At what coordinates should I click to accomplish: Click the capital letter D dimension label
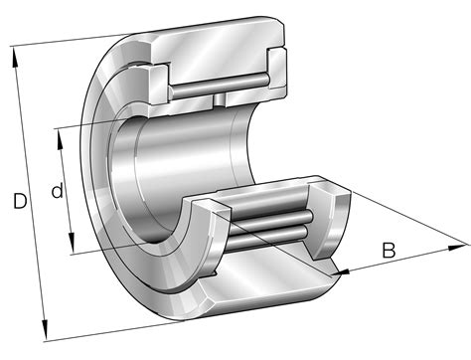coord(20,202)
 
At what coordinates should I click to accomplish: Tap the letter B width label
coord(390,250)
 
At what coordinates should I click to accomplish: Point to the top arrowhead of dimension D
coord(15,52)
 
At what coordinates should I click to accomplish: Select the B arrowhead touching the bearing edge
coord(342,271)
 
